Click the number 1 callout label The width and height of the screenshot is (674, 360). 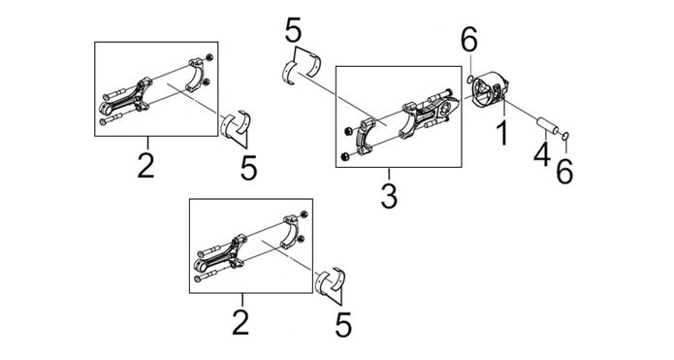point(502,133)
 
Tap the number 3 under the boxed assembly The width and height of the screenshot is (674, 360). point(389,194)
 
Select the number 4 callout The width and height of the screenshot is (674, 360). point(542,152)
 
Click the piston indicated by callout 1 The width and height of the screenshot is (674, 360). point(490,89)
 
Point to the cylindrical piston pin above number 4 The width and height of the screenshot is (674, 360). point(547,126)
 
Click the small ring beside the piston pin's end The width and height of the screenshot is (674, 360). point(566,137)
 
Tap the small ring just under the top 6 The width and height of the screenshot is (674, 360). point(470,79)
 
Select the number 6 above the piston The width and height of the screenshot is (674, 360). point(469,41)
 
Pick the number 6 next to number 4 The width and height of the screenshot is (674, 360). point(564,171)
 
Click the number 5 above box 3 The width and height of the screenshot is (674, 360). point(294,29)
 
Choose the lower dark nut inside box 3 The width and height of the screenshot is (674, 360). point(344,157)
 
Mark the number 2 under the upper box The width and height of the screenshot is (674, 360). point(145,165)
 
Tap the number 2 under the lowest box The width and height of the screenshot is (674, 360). point(241,322)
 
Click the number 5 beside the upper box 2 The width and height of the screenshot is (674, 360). point(249,167)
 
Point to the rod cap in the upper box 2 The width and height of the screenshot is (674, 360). point(198,76)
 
